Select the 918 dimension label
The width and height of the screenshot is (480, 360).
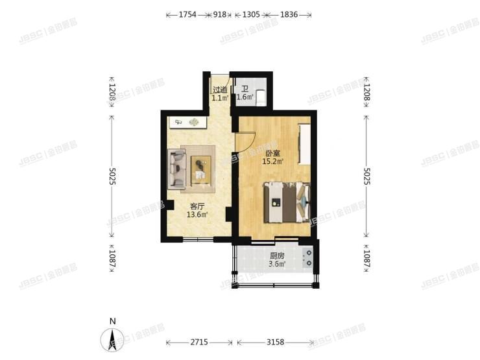[219, 14]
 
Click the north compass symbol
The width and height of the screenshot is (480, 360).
[112, 337]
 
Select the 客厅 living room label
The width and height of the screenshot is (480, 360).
[197, 206]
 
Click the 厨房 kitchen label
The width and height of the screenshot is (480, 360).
[277, 256]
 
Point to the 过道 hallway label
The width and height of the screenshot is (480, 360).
[220, 90]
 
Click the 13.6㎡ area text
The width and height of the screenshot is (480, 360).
[197, 215]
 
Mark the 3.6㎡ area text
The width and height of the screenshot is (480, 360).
[277, 264]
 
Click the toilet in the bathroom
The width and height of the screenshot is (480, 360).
[261, 97]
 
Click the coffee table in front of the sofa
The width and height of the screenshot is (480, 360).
[200, 169]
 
